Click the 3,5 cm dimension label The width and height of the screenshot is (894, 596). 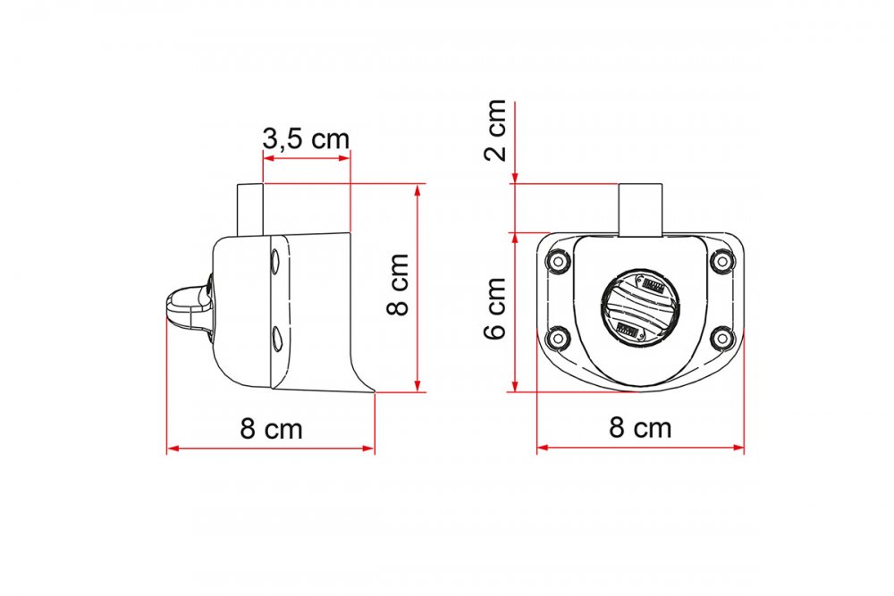[x=306, y=139]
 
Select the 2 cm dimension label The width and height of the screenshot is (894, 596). [x=495, y=130]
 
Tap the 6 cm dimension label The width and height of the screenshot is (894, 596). [x=495, y=308]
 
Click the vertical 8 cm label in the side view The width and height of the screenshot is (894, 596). [x=398, y=284]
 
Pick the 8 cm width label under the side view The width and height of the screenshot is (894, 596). [x=272, y=429]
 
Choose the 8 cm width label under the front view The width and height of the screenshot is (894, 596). [x=640, y=427]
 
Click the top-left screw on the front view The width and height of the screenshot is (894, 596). [x=558, y=262]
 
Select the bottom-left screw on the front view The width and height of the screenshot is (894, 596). [x=558, y=339]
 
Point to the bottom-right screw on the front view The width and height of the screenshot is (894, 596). [x=722, y=339]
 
